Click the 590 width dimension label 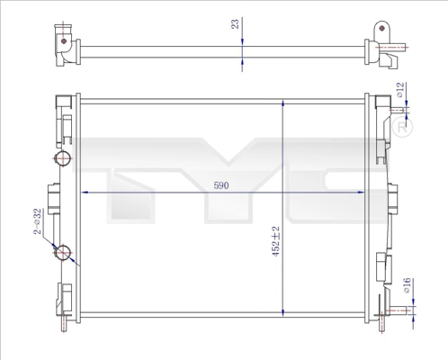(x=221, y=185)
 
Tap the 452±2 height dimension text (x=275, y=241)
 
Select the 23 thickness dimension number (x=236, y=23)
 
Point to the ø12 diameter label (x=400, y=90)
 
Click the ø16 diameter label (x=407, y=285)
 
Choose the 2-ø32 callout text (x=37, y=221)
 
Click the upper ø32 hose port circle (x=62, y=157)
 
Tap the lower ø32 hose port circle (x=62, y=253)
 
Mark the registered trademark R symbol (x=402, y=127)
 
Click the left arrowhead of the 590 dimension (x=85, y=192)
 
